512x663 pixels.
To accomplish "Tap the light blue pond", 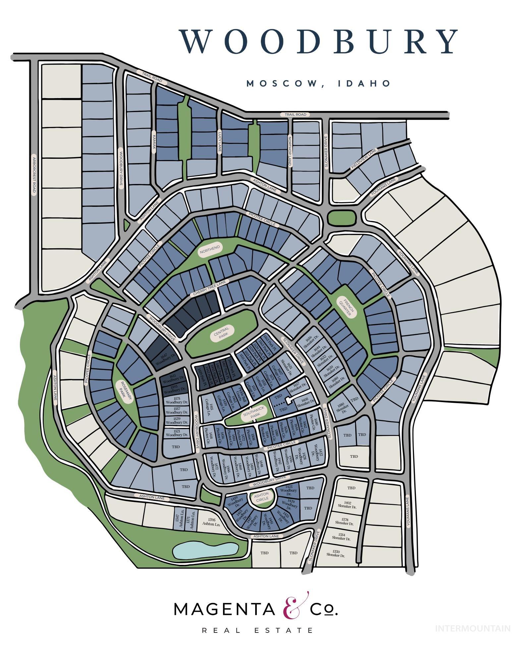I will coord(205,551).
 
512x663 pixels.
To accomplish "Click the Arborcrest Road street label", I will coord(34,175).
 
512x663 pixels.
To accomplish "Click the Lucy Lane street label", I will coord(219,141).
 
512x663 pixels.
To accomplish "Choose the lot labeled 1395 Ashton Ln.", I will coord(211,522).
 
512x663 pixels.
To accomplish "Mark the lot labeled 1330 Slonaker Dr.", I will coord(336,553).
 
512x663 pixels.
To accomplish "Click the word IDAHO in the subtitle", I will coord(364,83).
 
